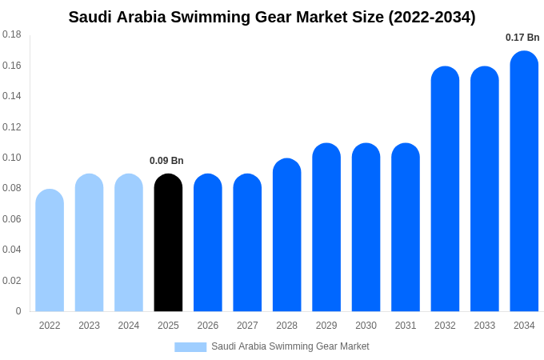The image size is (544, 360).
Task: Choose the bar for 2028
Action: pyautogui.click(x=286, y=235)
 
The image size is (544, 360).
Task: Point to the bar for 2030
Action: pyautogui.click(x=366, y=227)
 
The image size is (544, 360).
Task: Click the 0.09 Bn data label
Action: pyautogui.click(x=166, y=161)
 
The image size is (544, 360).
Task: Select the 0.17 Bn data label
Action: pyautogui.click(x=522, y=38)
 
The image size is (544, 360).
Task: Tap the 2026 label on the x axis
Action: pyautogui.click(x=208, y=326)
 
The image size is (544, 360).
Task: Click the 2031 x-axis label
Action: pyautogui.click(x=406, y=326)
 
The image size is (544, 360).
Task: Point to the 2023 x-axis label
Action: pyautogui.click(x=89, y=326)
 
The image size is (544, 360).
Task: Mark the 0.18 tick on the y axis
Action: pyautogui.click(x=12, y=34)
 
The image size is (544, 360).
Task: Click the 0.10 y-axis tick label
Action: pyautogui.click(x=12, y=158)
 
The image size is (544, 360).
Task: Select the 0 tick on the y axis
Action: pyautogui.click(x=18, y=311)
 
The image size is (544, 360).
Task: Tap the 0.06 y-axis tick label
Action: pyautogui.click(x=12, y=219)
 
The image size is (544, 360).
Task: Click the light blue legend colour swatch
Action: pyautogui.click(x=190, y=346)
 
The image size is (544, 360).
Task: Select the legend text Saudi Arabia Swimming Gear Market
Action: pyautogui.click(x=290, y=346)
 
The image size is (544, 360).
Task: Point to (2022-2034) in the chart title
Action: pyautogui.click(x=432, y=17)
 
